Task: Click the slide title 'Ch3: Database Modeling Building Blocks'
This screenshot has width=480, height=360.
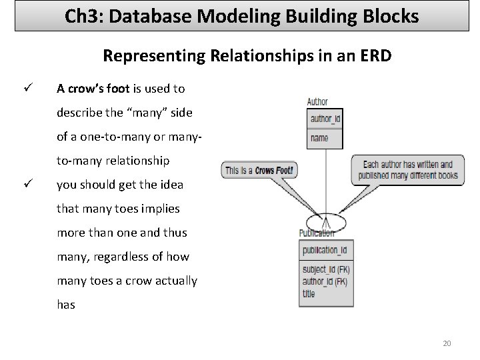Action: coord(242,15)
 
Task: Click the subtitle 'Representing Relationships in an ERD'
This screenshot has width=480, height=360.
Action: coord(247,56)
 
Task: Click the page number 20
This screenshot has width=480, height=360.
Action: coord(447,343)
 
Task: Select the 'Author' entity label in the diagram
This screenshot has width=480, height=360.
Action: coord(317,102)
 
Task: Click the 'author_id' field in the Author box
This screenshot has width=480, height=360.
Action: coord(325,119)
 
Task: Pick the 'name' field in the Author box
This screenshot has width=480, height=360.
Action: coord(320,138)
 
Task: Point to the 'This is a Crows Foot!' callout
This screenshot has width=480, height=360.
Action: coord(259,171)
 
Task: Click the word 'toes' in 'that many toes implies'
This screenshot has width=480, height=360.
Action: coord(131,209)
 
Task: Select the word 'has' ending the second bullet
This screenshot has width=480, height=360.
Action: coord(66,305)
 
